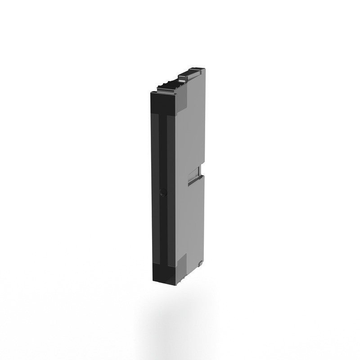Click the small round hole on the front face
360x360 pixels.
tap(164, 192)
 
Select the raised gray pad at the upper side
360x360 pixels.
tap(182, 101)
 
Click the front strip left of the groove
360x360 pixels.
tap(155, 189)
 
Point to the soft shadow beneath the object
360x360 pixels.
tap(180, 310)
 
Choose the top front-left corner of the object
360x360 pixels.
tap(149, 91)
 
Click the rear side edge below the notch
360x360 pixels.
tap(203, 216)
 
